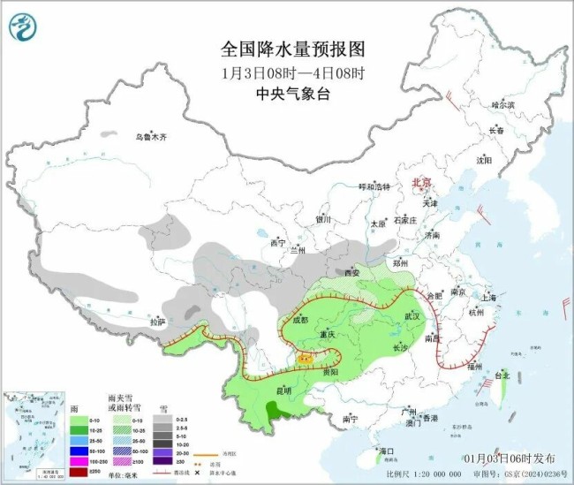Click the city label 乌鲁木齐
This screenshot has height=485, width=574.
151,137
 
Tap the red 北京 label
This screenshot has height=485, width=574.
421,183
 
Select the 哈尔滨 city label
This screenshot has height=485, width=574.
502,104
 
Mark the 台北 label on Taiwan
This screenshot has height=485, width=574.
501,375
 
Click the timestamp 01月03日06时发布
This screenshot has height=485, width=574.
509,458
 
